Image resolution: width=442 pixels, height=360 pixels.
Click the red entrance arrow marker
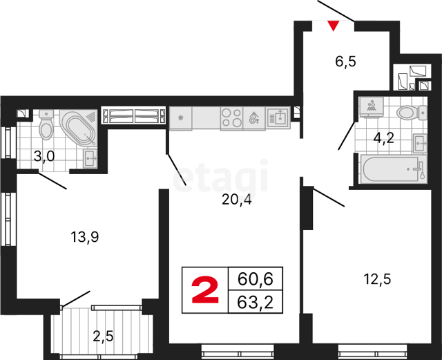pos(334,26)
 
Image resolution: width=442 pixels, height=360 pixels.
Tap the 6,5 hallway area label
pos(345,61)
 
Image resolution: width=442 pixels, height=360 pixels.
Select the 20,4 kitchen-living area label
pos(236,200)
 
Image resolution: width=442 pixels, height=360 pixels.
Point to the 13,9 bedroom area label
pos(84,237)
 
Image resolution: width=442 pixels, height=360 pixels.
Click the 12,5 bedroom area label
pos(377,279)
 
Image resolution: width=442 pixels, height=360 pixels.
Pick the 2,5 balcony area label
pos(103,336)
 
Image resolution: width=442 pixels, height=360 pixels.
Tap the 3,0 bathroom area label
pos(44,156)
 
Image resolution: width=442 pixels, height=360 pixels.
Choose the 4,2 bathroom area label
pos(383,138)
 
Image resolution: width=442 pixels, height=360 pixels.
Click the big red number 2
pos(205,290)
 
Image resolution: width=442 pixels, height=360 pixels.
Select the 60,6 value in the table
pos(256,279)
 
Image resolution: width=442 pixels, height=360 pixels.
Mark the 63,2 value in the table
pos(256,303)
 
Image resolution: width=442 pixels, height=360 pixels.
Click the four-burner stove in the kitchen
pos(231,118)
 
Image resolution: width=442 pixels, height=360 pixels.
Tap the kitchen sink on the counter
pos(278,118)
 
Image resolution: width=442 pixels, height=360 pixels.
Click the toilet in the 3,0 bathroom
pos(46,124)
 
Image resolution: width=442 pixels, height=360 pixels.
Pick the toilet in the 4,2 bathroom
pos(412,112)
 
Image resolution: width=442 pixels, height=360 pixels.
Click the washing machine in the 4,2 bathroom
pos(371,107)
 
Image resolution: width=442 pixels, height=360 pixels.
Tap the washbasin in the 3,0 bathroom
pos(90,158)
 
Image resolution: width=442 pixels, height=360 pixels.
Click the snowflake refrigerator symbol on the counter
pos(180,118)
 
